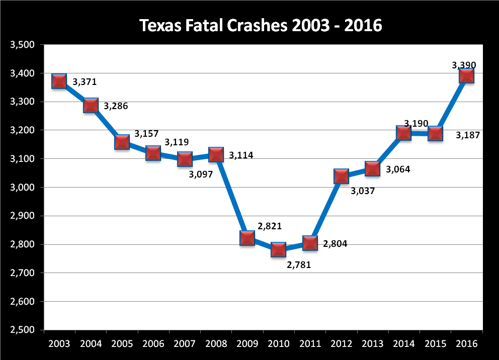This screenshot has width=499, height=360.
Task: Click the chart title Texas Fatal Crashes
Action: click(261, 25)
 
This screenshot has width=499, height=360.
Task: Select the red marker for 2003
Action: click(59, 81)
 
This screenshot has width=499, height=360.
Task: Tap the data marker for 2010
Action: click(278, 249)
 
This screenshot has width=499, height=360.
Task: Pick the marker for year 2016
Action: click(466, 76)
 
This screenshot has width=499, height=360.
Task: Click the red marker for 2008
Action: click(216, 154)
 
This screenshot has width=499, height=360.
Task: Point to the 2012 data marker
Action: click(341, 176)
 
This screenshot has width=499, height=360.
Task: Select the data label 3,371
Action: click(85, 81)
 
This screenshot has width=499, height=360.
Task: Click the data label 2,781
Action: click(299, 264)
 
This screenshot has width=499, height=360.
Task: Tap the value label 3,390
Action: click(464, 65)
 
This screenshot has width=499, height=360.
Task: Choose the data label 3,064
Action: click(398, 169)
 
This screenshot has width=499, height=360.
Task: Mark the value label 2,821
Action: click(270, 226)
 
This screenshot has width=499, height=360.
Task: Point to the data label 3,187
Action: click(468, 135)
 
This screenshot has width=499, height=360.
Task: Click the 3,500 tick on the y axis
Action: click(22, 45)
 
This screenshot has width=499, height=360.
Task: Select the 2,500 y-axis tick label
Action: click(22, 330)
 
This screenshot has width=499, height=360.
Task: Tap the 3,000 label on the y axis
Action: click(22, 188)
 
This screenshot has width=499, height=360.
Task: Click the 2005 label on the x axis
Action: click(122, 344)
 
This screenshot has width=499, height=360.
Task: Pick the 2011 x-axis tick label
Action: click(310, 344)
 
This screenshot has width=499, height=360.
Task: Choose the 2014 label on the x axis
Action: click(404, 344)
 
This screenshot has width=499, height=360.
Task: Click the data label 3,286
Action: click(116, 107)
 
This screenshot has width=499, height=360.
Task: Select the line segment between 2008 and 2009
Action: click(231, 196)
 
